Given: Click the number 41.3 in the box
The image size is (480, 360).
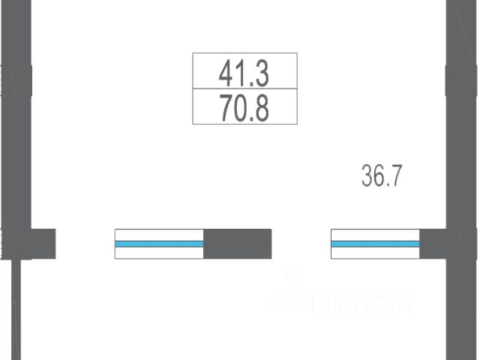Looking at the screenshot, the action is click(x=244, y=73).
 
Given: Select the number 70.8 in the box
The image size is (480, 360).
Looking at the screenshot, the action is click(x=244, y=108).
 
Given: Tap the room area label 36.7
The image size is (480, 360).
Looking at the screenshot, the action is click(x=382, y=175).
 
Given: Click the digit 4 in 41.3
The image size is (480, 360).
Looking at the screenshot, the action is click(x=226, y=73).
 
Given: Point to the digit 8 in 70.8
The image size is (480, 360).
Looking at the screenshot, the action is click(x=262, y=108).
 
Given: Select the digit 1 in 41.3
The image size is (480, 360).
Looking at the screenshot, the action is click(x=241, y=73).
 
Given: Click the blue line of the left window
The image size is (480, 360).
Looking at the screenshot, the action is click(x=159, y=244).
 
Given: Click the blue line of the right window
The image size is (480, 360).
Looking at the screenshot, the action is click(x=375, y=244).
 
